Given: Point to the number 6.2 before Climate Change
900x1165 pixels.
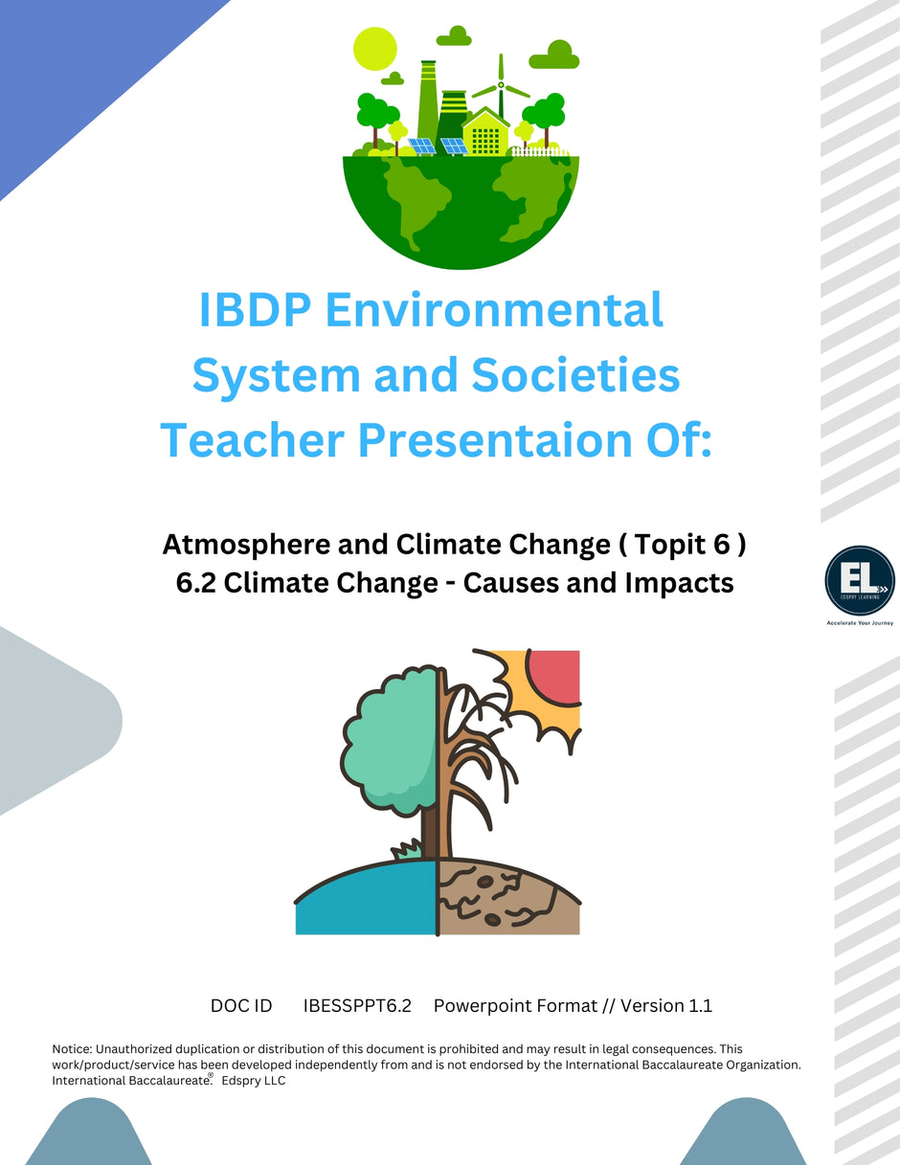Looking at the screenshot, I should [x=198, y=582].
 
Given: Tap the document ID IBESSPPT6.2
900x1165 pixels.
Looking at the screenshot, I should [x=356, y=1006].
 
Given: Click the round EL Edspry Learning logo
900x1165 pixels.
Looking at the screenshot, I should [x=859, y=580].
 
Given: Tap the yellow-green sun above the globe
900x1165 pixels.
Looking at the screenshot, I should [x=374, y=47].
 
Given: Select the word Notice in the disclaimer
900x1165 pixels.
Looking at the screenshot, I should [x=73, y=1049].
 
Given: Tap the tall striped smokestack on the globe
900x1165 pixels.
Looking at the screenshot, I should [x=428, y=101].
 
